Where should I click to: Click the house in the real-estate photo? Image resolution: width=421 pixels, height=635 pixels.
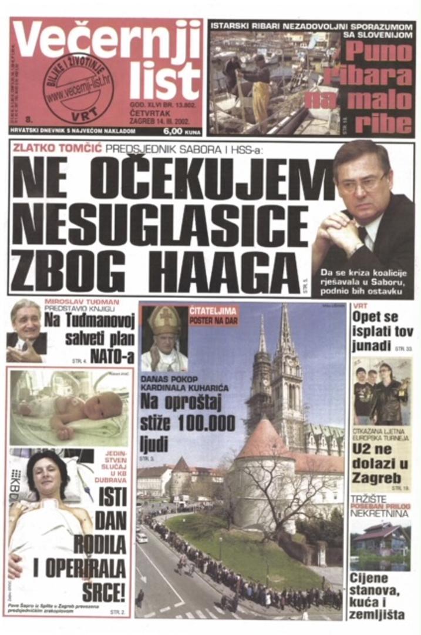pos(380,539)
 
